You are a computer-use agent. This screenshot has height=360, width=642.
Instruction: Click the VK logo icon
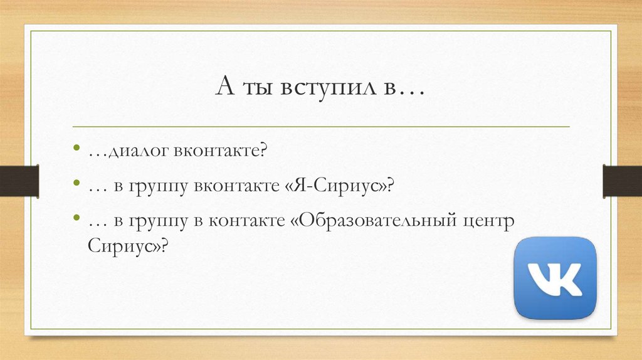[x=555, y=278]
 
